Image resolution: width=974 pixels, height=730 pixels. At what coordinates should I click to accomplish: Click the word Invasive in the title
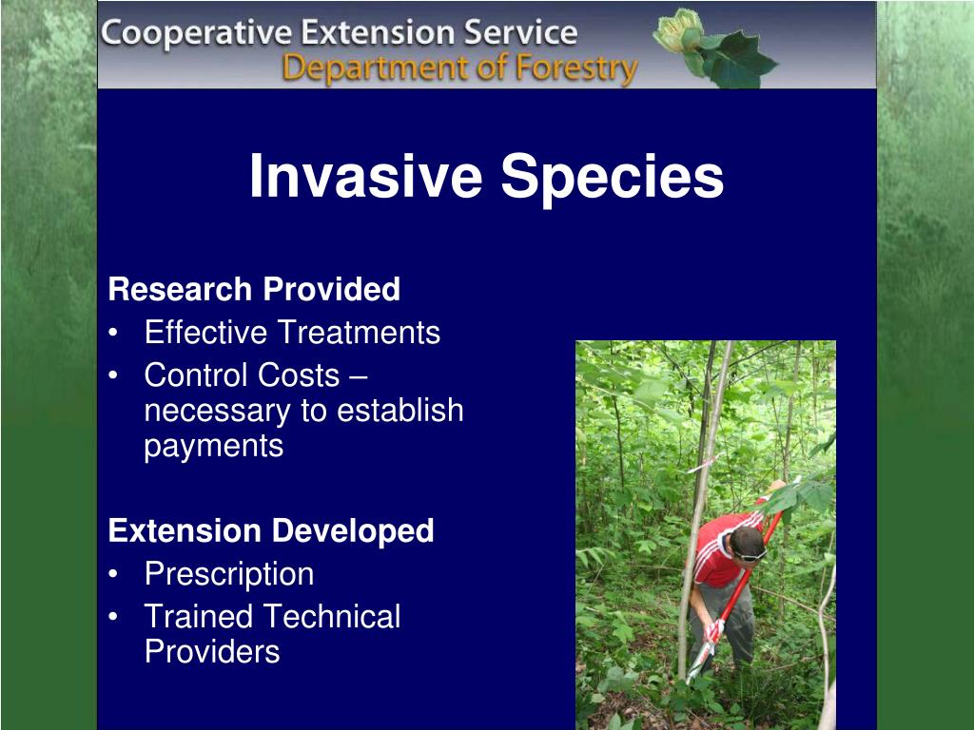pyautogui.click(x=366, y=176)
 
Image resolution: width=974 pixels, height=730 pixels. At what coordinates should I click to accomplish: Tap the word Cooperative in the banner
pyautogui.click(x=196, y=33)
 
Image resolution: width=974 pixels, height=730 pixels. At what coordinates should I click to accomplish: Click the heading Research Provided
pyautogui.click(x=254, y=289)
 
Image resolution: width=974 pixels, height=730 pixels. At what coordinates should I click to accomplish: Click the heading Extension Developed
pyautogui.click(x=271, y=530)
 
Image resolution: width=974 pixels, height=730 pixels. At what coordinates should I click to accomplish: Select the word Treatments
pyautogui.click(x=366, y=332)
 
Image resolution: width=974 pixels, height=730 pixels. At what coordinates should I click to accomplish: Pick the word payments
pyautogui.click(x=214, y=447)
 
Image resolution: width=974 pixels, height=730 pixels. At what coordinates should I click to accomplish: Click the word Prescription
pyautogui.click(x=229, y=574)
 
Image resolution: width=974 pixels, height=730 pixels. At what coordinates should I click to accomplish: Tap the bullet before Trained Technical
pyautogui.click(x=112, y=617)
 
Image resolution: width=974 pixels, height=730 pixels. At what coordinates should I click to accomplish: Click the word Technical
pyautogui.click(x=332, y=617)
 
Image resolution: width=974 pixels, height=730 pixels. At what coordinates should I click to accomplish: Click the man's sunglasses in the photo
pyautogui.click(x=750, y=555)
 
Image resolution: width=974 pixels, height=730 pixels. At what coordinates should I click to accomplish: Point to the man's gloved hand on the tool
pyautogui.click(x=715, y=630)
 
